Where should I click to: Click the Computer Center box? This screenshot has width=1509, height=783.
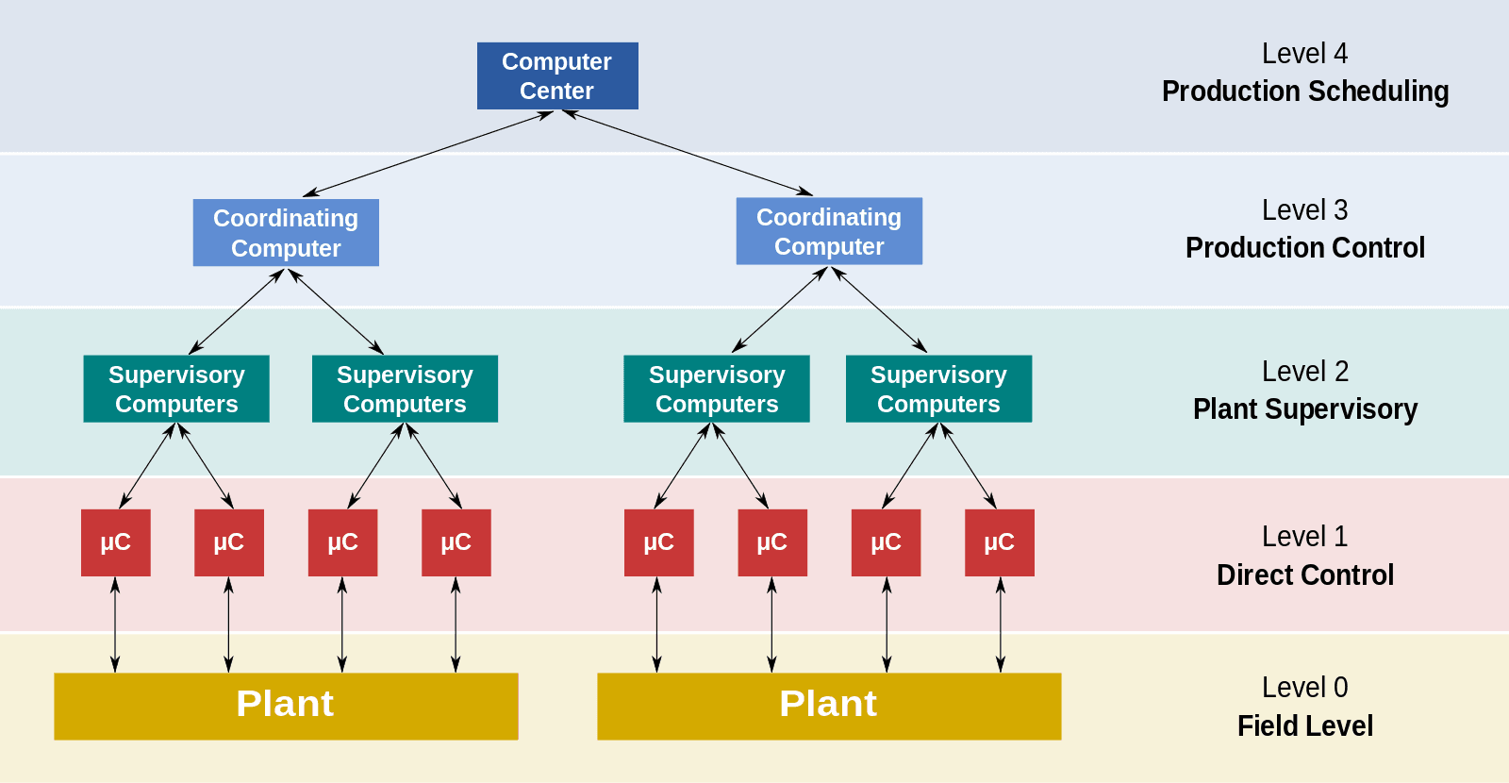tap(556, 75)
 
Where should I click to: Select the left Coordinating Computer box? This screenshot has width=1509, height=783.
tap(286, 233)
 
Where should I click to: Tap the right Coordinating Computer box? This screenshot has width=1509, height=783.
tap(829, 231)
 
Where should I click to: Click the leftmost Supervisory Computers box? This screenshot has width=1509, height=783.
tap(176, 389)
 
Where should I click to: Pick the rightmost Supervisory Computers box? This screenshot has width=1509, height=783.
tap(938, 389)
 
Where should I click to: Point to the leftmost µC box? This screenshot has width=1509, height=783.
tap(115, 542)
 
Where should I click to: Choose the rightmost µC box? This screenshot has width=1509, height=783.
tap(999, 542)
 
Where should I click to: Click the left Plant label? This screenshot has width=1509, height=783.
tap(285, 704)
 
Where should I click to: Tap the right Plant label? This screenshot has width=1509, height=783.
tap(828, 704)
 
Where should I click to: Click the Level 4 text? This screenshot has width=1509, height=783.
tap(1304, 54)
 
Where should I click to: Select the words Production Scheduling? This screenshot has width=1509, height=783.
tap(1304, 92)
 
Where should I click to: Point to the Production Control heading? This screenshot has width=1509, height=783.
tap(1304, 248)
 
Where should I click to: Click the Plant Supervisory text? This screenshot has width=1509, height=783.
tap(1304, 409)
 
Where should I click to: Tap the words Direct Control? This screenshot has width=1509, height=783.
tap(1304, 575)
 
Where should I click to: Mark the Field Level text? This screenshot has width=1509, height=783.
tap(1304, 725)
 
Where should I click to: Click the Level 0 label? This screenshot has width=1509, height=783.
tap(1304, 688)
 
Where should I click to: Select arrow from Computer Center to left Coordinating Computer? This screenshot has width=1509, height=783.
tap(428, 154)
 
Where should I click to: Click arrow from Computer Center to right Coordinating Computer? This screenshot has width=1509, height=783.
tap(688, 153)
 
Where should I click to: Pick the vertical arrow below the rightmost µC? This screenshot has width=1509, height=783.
tap(1001, 625)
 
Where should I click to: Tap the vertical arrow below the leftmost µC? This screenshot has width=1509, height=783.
tap(115, 625)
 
